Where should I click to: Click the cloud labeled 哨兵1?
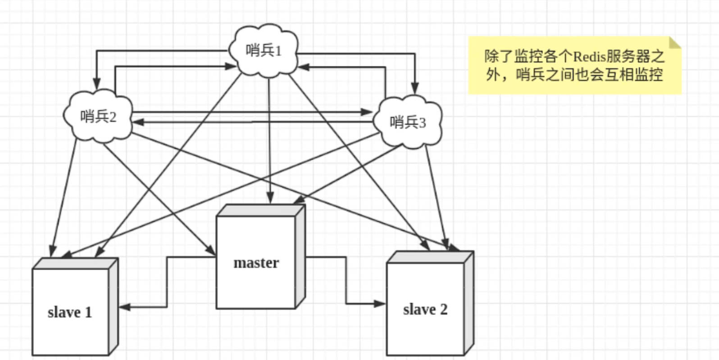click(264, 50)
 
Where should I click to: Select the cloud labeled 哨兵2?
click(98, 117)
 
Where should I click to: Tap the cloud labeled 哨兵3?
click(408, 122)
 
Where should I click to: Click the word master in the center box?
click(256, 263)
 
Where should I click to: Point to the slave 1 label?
click(70, 312)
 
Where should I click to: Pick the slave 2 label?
click(425, 310)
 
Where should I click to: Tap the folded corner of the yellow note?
click(674, 43)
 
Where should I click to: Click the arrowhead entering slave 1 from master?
click(124, 307)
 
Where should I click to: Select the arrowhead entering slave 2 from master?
click(380, 304)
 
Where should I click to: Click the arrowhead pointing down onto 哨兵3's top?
click(415, 89)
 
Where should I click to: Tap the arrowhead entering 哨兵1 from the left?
click(231, 67)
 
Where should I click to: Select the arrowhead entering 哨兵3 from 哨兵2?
click(368, 112)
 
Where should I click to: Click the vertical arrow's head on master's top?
click(270, 198)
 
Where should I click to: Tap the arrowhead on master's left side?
click(211, 251)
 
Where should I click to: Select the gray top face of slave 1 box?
click(76, 263)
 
